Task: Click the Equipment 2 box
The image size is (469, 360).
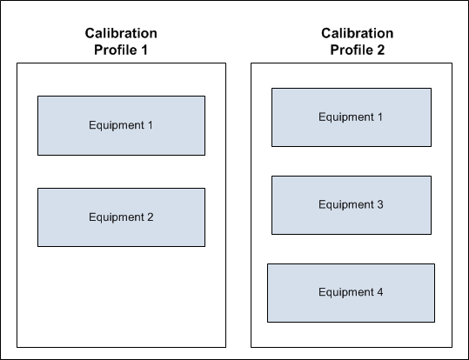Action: tap(122, 217)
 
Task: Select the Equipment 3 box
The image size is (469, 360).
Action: tap(352, 205)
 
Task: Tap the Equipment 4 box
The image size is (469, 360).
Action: tap(352, 293)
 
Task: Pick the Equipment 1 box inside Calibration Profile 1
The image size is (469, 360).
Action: tap(122, 125)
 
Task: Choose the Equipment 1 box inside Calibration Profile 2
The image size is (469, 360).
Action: tap(352, 117)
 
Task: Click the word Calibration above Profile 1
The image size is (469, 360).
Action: tap(121, 33)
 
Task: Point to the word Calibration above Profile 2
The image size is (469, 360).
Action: tap(358, 33)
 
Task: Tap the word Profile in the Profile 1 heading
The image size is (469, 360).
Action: tap(116, 50)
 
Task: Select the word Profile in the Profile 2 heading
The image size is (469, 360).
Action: tap(352, 50)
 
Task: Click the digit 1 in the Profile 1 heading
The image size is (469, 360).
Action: tap(144, 50)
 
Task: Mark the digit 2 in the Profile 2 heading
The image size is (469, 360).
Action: tap(381, 50)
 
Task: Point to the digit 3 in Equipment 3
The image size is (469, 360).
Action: tap(380, 204)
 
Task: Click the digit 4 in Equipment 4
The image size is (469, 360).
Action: tap(380, 292)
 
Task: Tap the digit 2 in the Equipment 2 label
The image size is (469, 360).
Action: tap(151, 217)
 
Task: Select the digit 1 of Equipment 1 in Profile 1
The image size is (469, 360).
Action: tap(151, 125)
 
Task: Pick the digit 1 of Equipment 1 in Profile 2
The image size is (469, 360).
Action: tap(380, 117)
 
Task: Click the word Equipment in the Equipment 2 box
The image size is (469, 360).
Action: tap(117, 217)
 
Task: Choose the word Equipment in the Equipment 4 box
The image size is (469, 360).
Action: tap(346, 292)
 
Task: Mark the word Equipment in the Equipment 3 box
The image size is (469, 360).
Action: tap(346, 205)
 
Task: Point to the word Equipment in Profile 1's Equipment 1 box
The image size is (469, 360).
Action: tap(117, 125)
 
